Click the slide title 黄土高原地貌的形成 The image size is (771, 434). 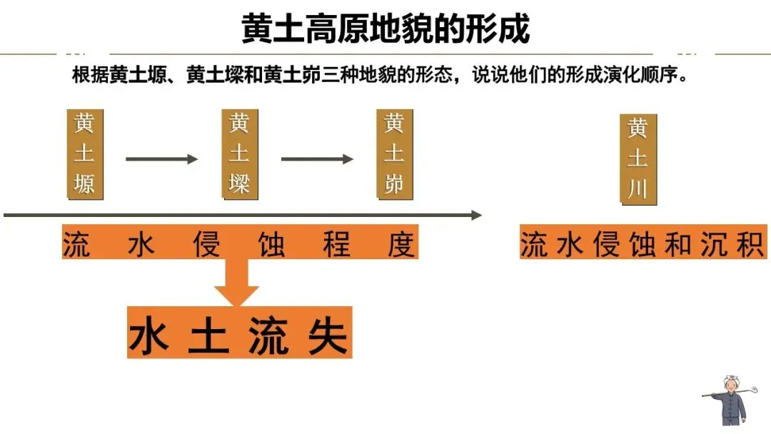[x=385, y=29]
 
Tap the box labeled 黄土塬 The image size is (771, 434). [x=84, y=154]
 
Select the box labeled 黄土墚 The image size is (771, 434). [x=239, y=154]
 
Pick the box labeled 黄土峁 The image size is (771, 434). [x=394, y=154]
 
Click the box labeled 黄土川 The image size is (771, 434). [x=638, y=159]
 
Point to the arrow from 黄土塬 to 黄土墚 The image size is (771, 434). [x=161, y=158]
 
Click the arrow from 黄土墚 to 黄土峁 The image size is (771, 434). [x=316, y=158]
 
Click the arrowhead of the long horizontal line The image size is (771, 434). [x=477, y=215]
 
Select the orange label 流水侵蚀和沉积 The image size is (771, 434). [x=642, y=244]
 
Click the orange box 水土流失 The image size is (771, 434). [x=239, y=333]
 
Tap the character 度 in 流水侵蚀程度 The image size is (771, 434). [x=401, y=244]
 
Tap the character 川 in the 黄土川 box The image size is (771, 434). [x=638, y=189]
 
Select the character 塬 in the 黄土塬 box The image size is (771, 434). [x=84, y=184]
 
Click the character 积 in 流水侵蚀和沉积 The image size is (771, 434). [x=751, y=244]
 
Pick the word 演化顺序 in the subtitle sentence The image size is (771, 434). [x=641, y=76]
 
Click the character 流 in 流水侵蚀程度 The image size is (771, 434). [x=76, y=244]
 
